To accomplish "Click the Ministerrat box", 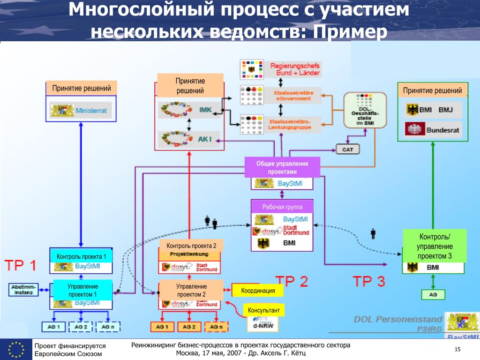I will pos(82,111).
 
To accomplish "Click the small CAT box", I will pos(347,150).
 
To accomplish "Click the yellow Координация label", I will pos(258,291).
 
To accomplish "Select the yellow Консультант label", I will pos(263,310).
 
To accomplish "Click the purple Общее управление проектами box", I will pos(282,167).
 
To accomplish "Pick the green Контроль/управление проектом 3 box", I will pos(435,246).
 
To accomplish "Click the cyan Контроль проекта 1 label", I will pos(82,256).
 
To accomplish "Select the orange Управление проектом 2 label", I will pos(191,290).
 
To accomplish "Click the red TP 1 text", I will pos(21,266).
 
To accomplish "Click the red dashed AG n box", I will pos(216,327).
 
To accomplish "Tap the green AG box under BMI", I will pos(433,295).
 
